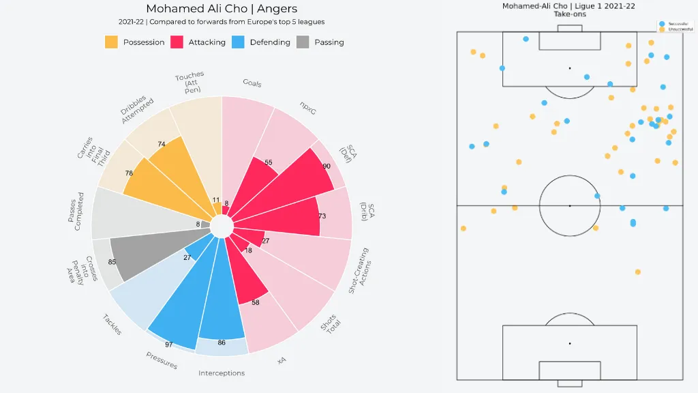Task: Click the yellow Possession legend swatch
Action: (x=111, y=42)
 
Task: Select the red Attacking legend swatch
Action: (x=177, y=42)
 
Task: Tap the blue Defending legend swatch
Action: (x=238, y=42)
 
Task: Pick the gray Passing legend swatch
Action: (x=303, y=42)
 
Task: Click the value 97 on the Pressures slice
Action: (x=168, y=345)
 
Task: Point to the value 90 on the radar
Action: (x=327, y=166)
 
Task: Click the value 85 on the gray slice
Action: (x=112, y=262)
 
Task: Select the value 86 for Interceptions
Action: (x=222, y=343)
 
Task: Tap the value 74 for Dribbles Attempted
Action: (x=162, y=144)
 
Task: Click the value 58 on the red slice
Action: (x=256, y=302)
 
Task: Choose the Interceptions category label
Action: (x=222, y=373)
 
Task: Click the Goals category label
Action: (x=252, y=83)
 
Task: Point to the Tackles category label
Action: (x=112, y=324)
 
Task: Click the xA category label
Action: (x=282, y=360)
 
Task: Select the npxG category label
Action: (x=309, y=108)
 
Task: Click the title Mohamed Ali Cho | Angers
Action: (x=222, y=9)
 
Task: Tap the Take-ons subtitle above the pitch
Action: (x=569, y=14)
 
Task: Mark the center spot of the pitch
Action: (x=569, y=205)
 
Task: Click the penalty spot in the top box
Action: (x=569, y=68)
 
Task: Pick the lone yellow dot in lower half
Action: (x=638, y=272)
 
